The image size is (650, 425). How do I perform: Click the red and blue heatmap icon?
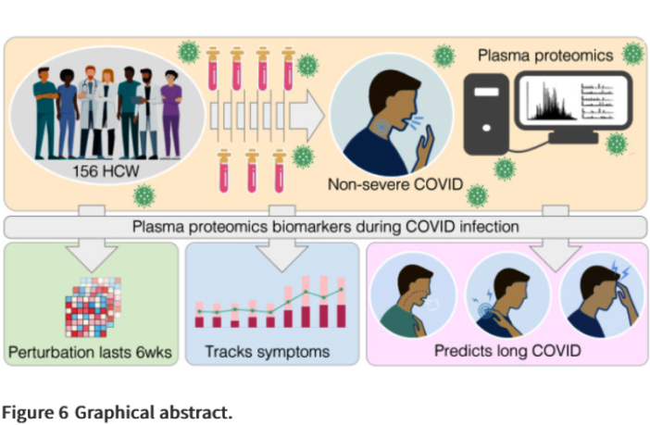point(93,306)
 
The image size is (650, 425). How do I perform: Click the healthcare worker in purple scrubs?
point(169,116)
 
